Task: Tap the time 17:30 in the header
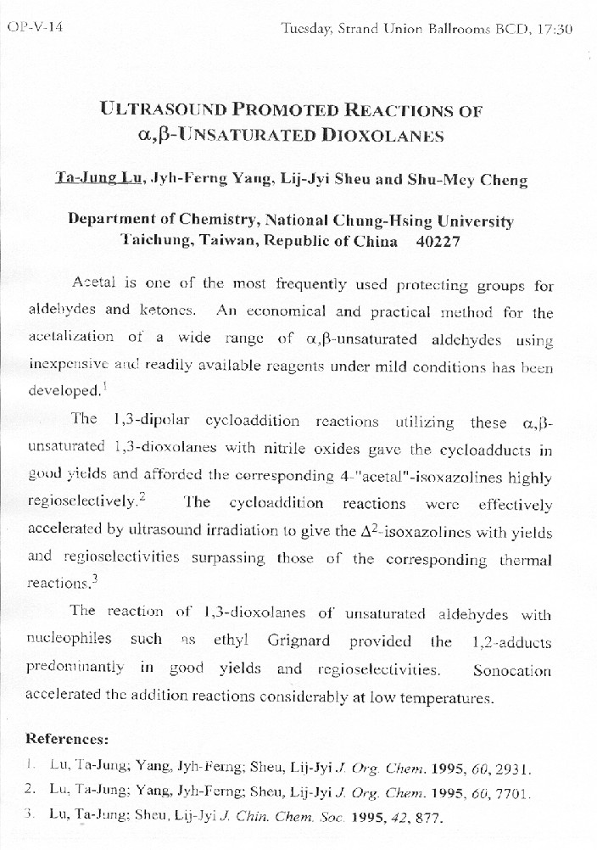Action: tap(555, 29)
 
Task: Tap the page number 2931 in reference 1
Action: tap(513, 770)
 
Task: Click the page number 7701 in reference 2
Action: tap(513, 794)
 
